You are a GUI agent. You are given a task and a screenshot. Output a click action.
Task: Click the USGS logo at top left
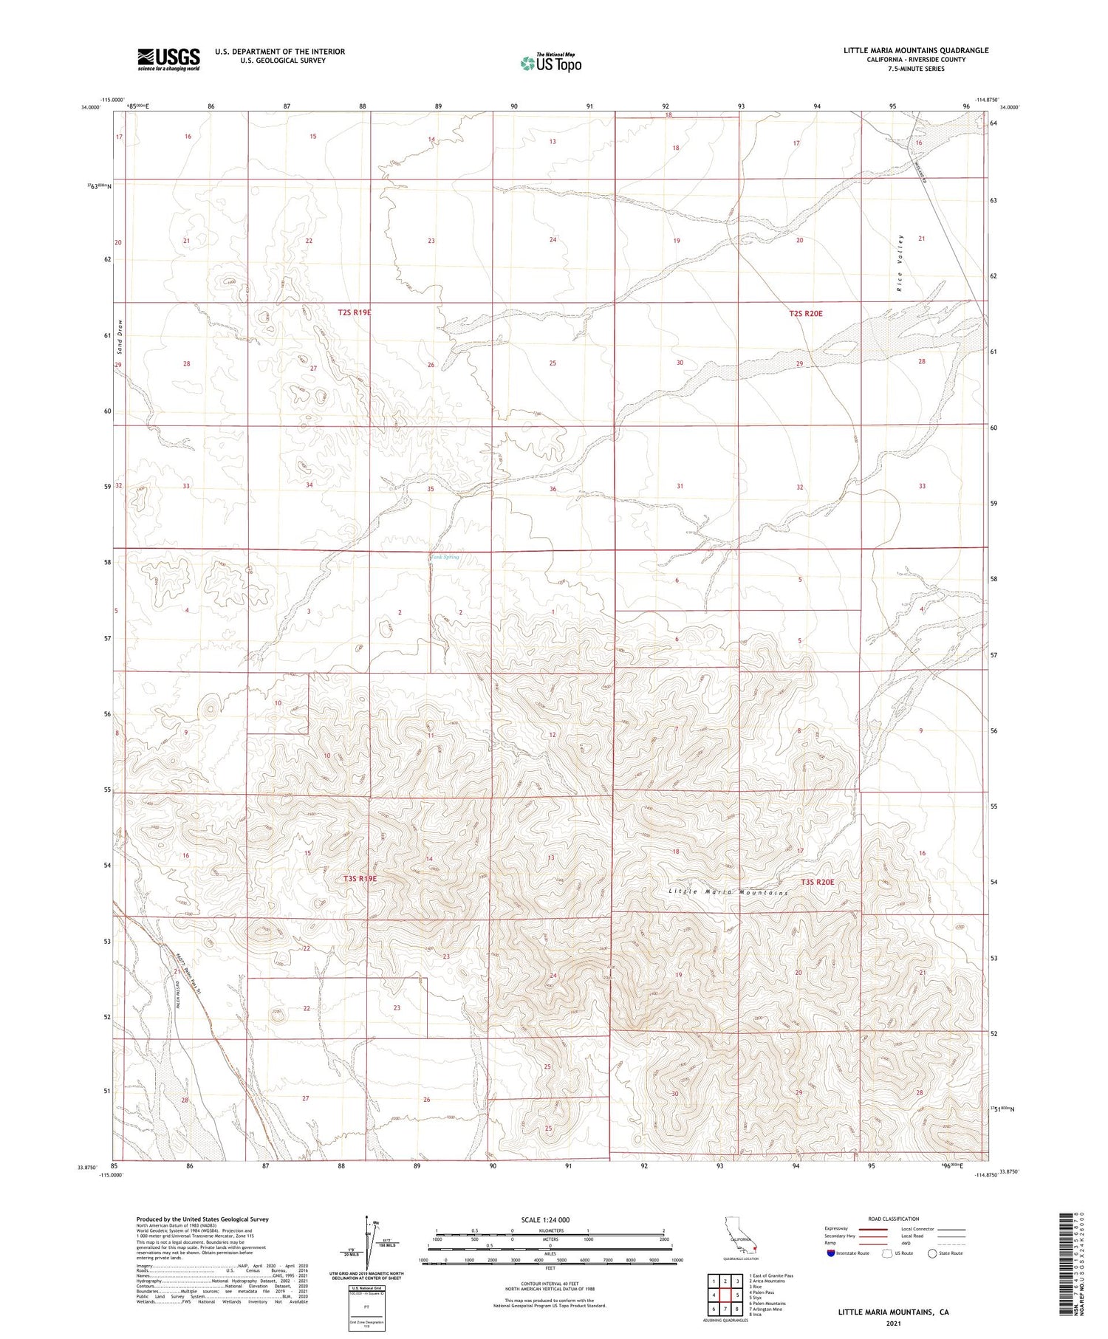[168, 59]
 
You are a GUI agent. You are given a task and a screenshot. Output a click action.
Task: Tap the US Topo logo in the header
[550, 64]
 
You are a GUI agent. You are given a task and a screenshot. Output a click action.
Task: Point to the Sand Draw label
[119, 336]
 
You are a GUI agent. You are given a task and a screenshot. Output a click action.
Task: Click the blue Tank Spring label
[445, 557]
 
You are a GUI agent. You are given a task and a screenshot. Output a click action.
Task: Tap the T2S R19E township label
[355, 312]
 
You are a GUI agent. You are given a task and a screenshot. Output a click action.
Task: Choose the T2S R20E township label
[805, 313]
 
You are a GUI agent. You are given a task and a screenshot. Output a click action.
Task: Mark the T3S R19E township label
[360, 879]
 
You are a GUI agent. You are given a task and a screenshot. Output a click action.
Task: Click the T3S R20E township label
[817, 882]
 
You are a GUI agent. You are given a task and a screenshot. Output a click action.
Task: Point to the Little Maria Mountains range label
[728, 892]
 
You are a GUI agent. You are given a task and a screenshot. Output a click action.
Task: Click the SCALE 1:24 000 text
[546, 1219]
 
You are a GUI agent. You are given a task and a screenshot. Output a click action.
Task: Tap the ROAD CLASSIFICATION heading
[894, 1219]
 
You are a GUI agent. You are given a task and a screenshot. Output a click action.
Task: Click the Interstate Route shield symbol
[831, 1253]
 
